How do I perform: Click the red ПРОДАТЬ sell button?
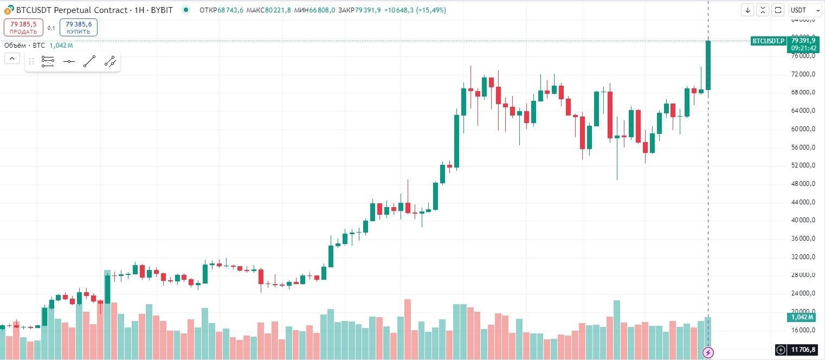pos(23,27)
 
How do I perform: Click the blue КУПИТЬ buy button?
pos(79,27)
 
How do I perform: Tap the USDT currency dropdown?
pos(802,10)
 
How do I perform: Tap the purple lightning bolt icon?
pos(708,352)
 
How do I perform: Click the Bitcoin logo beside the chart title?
pos(9,10)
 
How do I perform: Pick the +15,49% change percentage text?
pos(431,10)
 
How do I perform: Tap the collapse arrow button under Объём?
pos(12,59)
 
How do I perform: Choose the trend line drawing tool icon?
pos(89,61)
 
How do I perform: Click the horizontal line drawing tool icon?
pos(69,61)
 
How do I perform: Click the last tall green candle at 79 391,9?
pos(708,65)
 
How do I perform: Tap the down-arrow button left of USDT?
pos(748,10)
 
